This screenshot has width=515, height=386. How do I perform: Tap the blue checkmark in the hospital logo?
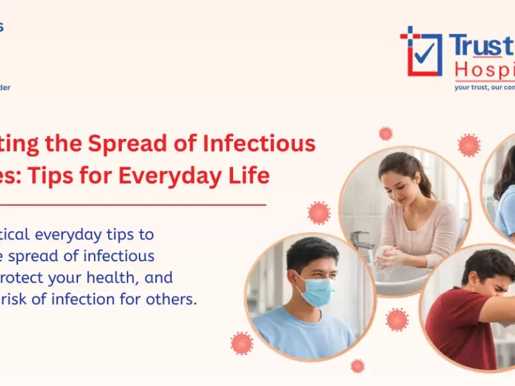422,54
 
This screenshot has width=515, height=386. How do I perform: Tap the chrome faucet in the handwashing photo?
361,239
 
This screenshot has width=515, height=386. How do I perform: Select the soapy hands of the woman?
390,257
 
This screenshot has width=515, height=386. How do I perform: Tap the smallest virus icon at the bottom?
357,366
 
